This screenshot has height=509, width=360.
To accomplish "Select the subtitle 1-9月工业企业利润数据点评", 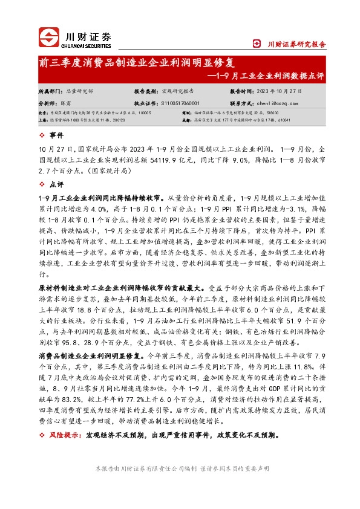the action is pyautogui.click(x=268, y=76).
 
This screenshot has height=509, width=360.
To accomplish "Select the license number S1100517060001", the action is pyautogui.click(x=185, y=104).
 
